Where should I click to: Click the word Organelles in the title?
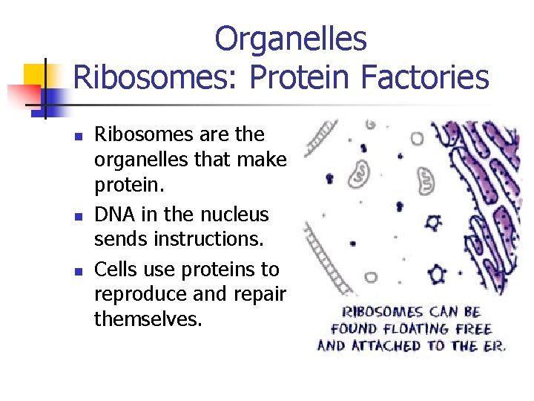290,39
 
